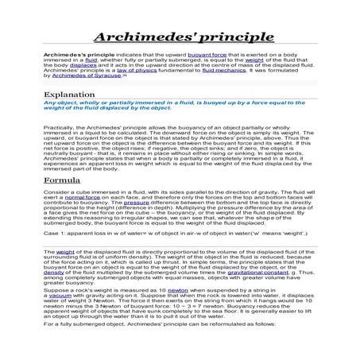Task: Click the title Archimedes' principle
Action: tap(180, 39)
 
